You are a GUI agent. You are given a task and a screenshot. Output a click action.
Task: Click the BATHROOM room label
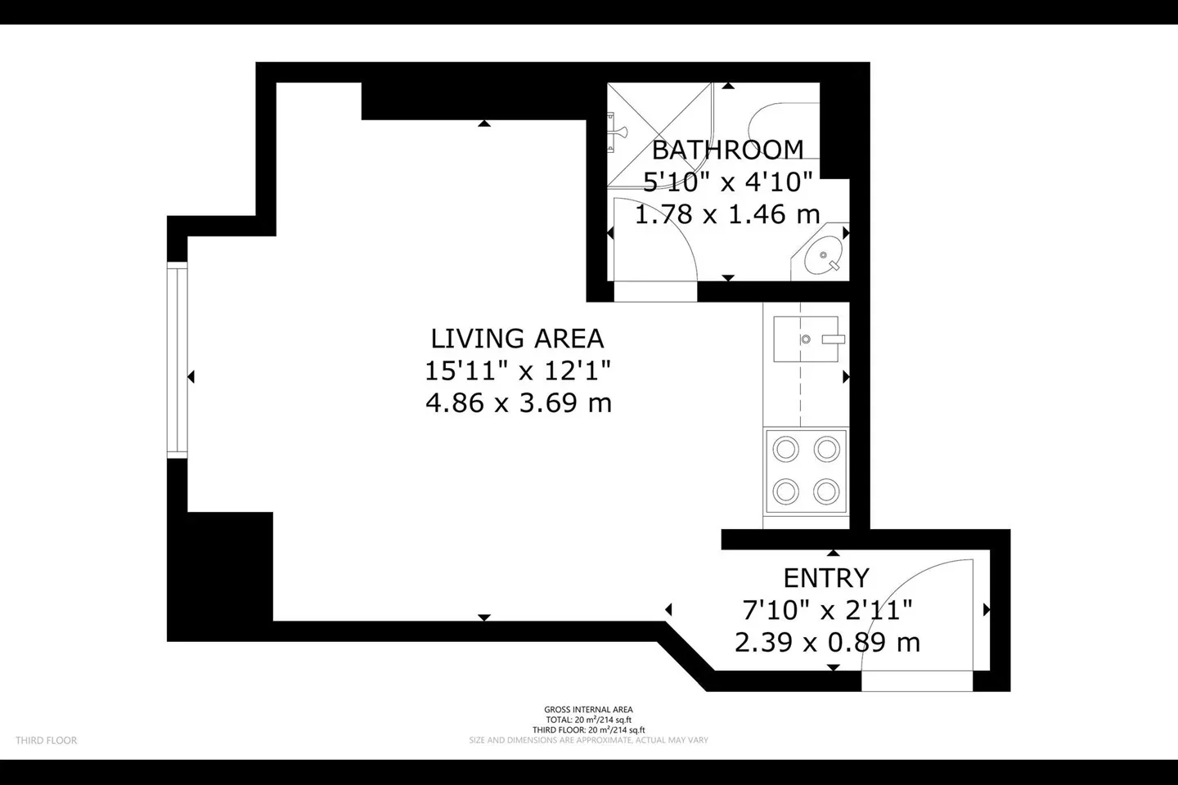tap(728, 150)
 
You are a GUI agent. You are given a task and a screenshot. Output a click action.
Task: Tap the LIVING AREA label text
tap(518, 338)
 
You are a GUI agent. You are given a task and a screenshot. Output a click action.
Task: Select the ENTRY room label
tap(826, 578)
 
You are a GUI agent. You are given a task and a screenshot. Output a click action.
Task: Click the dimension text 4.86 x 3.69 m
tap(519, 403)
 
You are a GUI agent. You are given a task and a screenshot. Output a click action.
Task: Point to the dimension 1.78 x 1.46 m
tap(728, 214)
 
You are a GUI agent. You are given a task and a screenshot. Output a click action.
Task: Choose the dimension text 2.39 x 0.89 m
tap(827, 643)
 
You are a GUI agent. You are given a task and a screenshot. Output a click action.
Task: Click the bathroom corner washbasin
tap(822, 256)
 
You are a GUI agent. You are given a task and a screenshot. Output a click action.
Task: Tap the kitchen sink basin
tap(806, 339)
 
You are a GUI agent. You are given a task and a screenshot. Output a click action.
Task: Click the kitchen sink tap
tap(833, 339)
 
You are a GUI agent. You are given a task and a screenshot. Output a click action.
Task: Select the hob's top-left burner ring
tap(785, 450)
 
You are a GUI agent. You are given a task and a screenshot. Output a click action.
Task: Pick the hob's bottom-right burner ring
tap(826, 492)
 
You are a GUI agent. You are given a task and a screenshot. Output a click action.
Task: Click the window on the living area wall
tap(178, 360)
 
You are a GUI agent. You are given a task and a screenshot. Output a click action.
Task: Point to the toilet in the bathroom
tap(784, 132)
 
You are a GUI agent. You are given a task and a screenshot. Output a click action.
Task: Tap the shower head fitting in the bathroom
tap(616, 132)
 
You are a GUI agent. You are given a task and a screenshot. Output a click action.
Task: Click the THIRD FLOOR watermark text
tap(47, 740)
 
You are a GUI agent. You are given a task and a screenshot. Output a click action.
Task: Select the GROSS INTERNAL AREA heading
tap(588, 710)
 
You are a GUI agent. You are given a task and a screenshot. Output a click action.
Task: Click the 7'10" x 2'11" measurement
tap(827, 611)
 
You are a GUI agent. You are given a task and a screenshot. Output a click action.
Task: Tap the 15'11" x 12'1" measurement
tap(518, 370)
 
